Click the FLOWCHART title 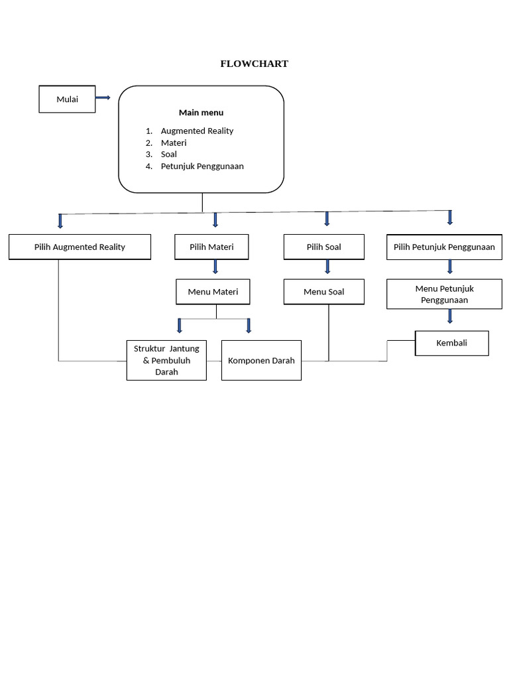(254, 64)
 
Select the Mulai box (67, 99)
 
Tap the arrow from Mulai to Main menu (103, 97)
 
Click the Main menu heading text (201, 113)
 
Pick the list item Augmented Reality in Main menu (197, 131)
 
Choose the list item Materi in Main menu (174, 143)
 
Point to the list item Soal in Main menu (169, 154)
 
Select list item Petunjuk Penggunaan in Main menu (202, 166)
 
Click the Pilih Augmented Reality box (80, 247)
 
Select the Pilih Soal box (323, 247)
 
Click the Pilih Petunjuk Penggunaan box (444, 247)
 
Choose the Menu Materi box (213, 292)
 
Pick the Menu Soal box (323, 292)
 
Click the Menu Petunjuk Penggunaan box (444, 294)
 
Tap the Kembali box (451, 343)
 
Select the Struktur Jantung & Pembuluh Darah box (166, 360)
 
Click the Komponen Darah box (261, 360)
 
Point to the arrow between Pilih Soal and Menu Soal (327, 267)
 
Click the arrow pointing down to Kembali (450, 316)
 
